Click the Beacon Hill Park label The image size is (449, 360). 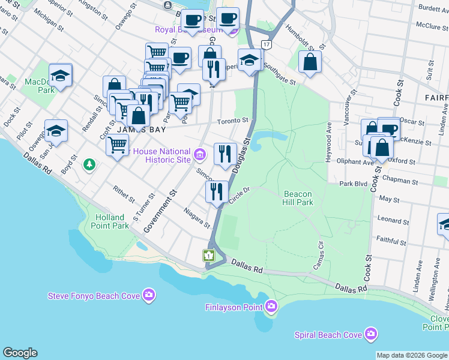pos(298,199)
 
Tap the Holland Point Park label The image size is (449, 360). pos(109,221)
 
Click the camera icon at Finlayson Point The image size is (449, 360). pos(271,307)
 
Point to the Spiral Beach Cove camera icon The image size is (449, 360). pos(371,333)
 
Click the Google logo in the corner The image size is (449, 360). pos(20,353)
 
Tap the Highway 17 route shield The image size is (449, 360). pos(266,44)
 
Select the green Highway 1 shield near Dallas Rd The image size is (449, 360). pos(208,256)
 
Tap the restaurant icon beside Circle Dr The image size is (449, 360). pos(216,191)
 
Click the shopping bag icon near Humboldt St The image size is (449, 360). pos(310,62)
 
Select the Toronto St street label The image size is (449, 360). pos(233,121)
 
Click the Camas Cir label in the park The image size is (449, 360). pos(319,253)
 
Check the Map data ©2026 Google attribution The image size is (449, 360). pos(412,355)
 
